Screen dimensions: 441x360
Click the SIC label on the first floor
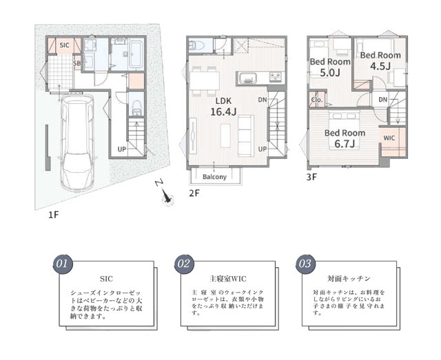point(64,45)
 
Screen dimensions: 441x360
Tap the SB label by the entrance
point(76,63)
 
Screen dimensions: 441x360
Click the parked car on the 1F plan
point(78,142)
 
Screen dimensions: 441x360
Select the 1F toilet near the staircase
point(136,107)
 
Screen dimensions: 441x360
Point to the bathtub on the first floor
point(136,55)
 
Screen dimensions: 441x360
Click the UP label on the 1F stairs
point(122,149)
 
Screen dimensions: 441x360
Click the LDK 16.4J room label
point(223,107)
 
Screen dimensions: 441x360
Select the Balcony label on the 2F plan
point(214,177)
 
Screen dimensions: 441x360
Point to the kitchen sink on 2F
point(247,78)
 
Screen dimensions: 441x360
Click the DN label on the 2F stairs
point(263,100)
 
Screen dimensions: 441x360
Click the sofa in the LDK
point(246,136)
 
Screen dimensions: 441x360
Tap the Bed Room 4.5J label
point(380,61)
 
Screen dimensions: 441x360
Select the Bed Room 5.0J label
point(330,67)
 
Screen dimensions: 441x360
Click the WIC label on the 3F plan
point(389,138)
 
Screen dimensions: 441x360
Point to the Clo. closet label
point(317,100)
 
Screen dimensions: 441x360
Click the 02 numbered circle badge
point(184,264)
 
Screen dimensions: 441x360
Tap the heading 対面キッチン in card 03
point(349,279)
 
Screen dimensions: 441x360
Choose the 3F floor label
point(311,178)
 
